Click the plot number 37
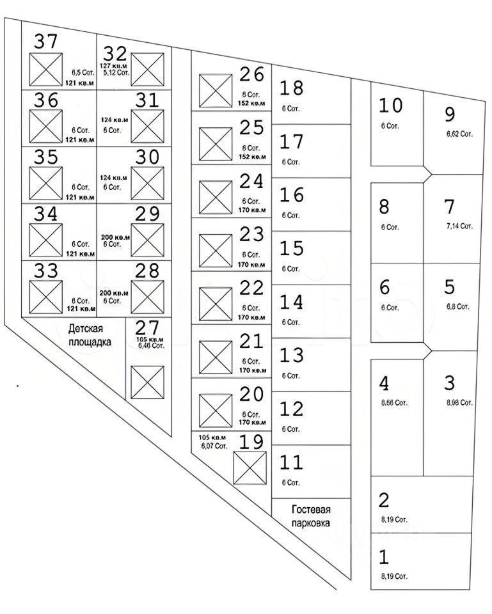point(46,42)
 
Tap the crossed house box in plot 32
point(148,70)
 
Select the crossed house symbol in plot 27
point(148,382)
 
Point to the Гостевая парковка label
point(311,516)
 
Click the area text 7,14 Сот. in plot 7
point(459,226)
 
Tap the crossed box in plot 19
point(250,468)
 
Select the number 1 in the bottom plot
point(384,557)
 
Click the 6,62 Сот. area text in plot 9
point(459,134)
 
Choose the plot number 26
point(251,75)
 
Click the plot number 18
point(291,88)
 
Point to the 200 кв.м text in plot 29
point(116,237)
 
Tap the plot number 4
point(384,383)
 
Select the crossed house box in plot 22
point(215,304)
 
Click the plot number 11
point(291,462)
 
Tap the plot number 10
point(390,105)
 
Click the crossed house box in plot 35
point(46,184)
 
